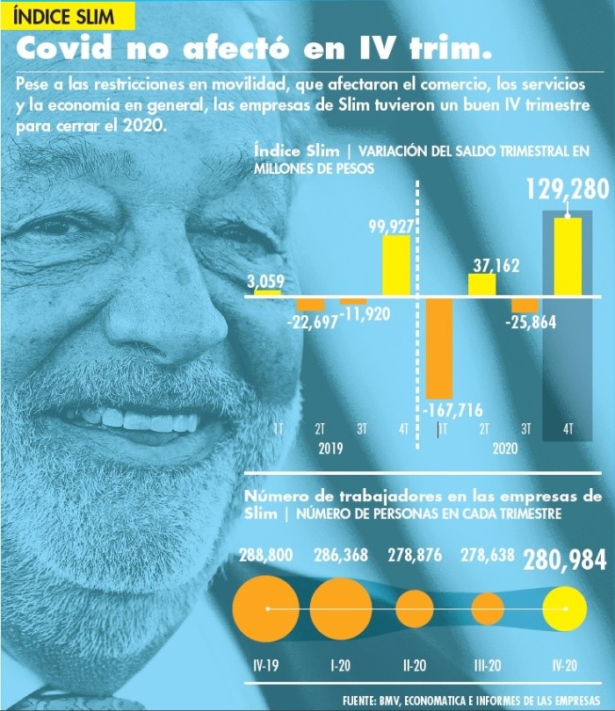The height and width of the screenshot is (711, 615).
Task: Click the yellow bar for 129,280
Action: pyautogui.click(x=568, y=255)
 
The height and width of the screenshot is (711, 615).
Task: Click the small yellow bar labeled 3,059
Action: pyautogui.click(x=267, y=292)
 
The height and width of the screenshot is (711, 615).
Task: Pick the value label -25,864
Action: pyautogui.click(x=531, y=323)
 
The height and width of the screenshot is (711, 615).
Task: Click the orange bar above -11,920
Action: pyautogui.click(x=353, y=300)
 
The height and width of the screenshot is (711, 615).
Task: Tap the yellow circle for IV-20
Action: pyautogui.click(x=565, y=607)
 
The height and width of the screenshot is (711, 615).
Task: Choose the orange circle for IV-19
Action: pyautogui.click(x=267, y=607)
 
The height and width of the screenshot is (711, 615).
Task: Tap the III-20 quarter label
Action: pyautogui.click(x=487, y=667)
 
